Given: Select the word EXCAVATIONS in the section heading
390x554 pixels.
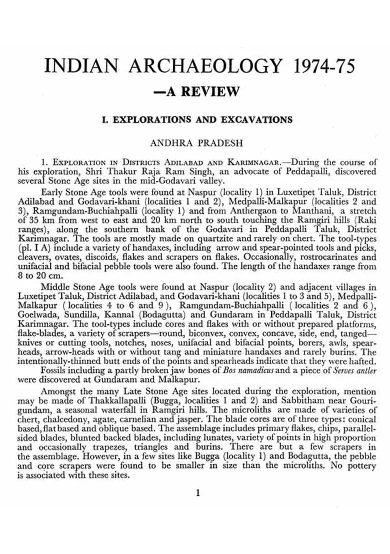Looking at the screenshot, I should click(x=255, y=120).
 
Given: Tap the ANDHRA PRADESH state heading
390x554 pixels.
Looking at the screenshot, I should click(x=196, y=142).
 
